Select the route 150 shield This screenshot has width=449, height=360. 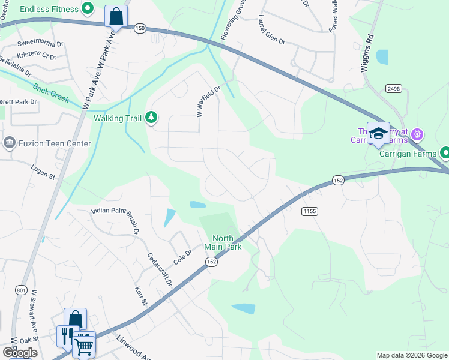pos(140,28)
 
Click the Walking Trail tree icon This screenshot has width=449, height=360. pos(151,118)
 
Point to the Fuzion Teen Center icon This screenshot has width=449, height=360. pos(10,143)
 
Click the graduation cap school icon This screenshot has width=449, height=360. pos(378,133)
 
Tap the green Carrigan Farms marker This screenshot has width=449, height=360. pos(444,153)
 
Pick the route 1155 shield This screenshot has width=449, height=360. pos(310,211)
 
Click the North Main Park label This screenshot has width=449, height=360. pos(222,241)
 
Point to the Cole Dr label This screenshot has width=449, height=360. pos(182,256)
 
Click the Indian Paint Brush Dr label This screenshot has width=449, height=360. pos(115,218)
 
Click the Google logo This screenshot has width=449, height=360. pos(20,353)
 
